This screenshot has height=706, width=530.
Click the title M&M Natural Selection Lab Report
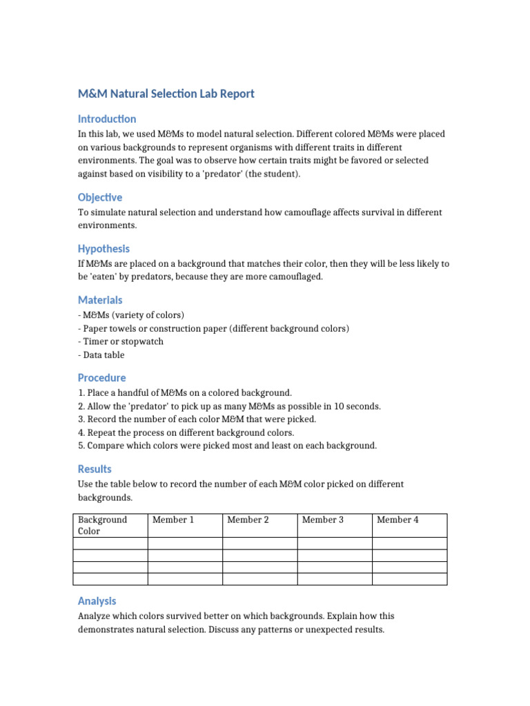click(x=166, y=94)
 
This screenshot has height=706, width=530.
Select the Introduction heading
click(x=107, y=119)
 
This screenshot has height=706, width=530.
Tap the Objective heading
click(x=100, y=197)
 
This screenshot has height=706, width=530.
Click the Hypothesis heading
click(x=104, y=248)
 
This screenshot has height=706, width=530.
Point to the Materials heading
click(x=100, y=300)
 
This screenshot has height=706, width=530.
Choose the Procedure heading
click(x=101, y=378)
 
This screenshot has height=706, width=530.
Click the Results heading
click(x=95, y=469)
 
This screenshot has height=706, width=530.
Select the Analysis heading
click(x=97, y=601)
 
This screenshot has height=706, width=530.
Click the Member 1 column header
click(x=173, y=520)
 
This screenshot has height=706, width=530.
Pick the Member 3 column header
click(x=322, y=520)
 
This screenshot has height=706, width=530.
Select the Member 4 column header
click(x=397, y=520)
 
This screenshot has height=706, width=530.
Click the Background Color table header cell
click(x=103, y=525)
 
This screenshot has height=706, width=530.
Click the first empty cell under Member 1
click(x=185, y=543)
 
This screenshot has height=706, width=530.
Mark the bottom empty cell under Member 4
click(x=409, y=578)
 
